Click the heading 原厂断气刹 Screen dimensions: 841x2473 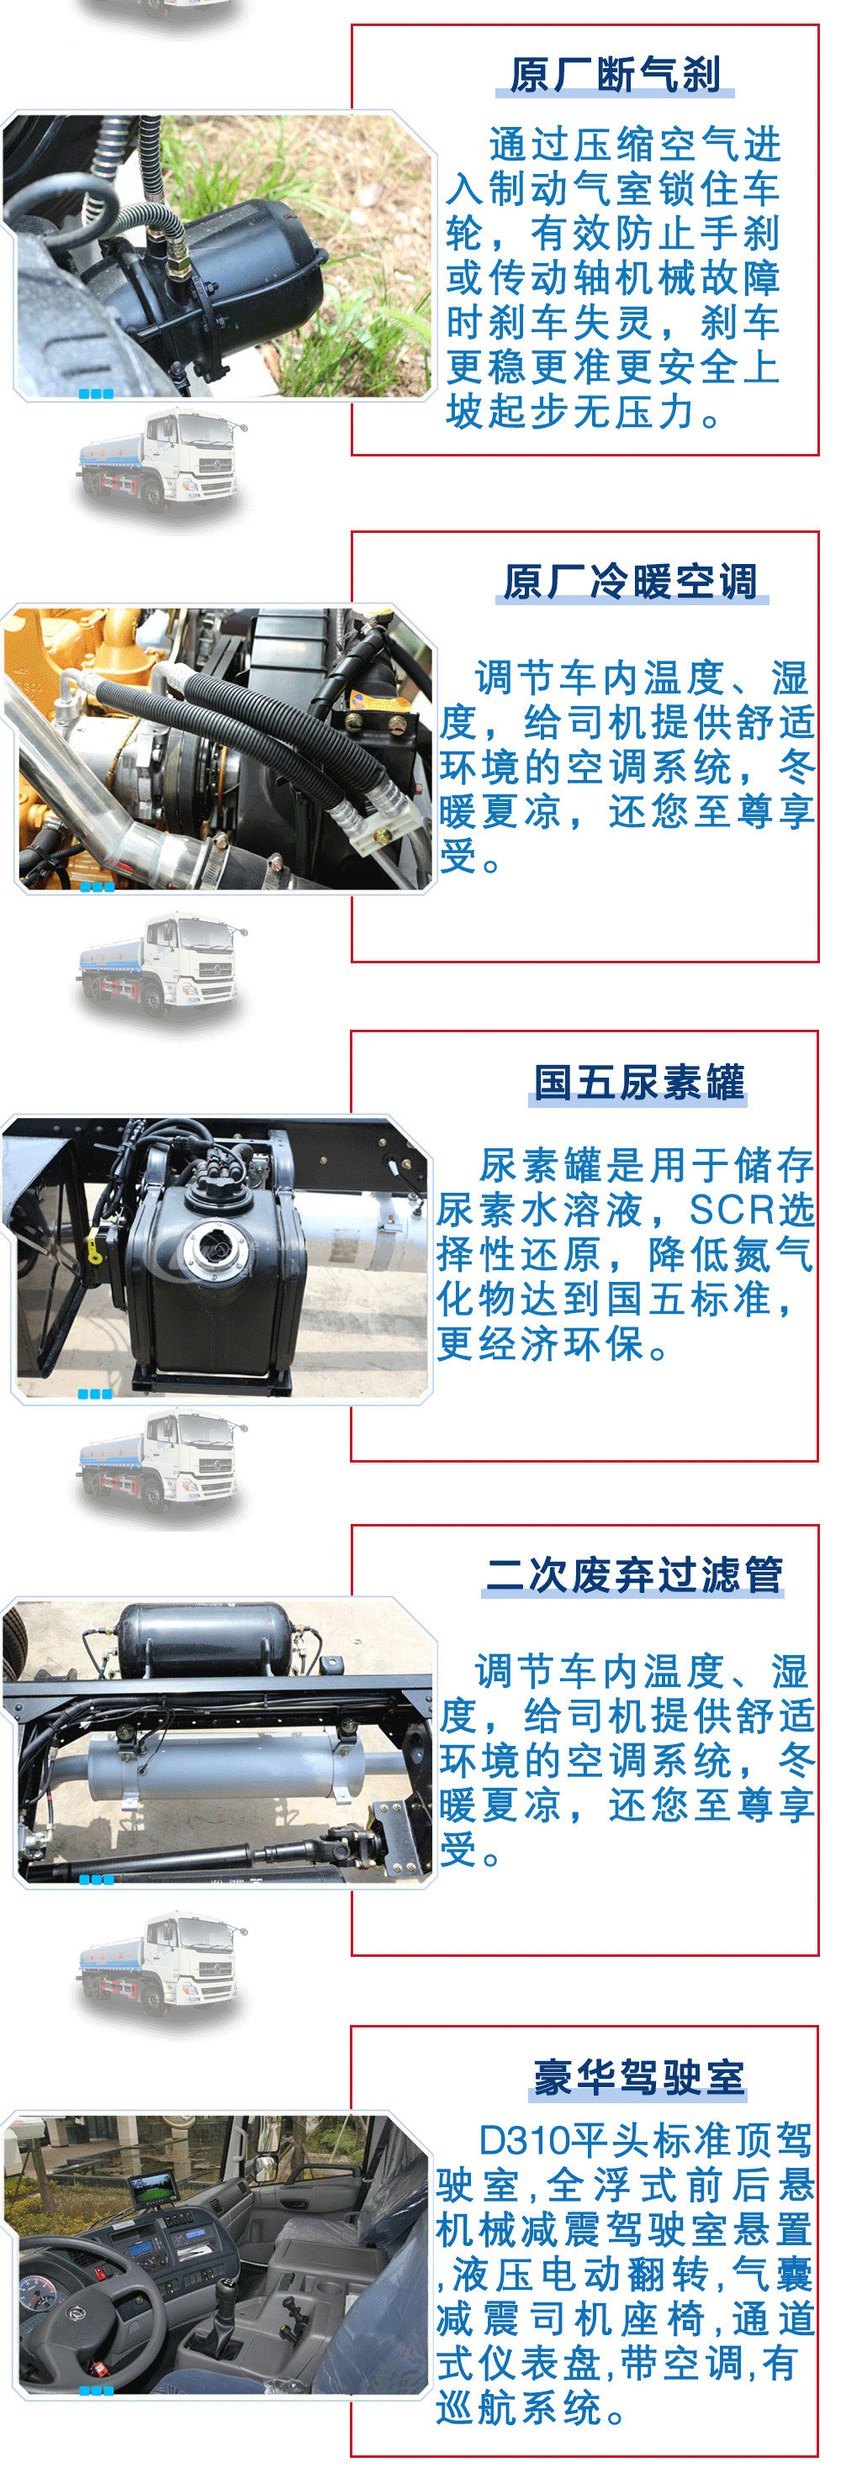point(615,75)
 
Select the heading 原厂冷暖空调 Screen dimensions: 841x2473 point(631,582)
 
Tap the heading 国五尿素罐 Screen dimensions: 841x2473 point(638,1082)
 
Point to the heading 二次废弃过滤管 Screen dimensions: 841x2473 point(633,1574)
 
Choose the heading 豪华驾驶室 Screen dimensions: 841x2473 point(638,2076)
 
